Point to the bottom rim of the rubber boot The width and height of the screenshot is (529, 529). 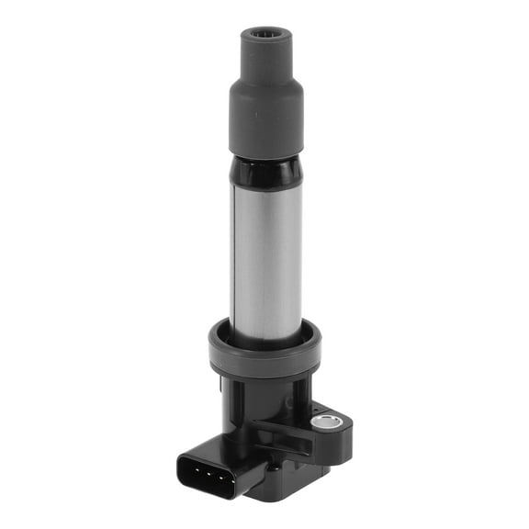tap(265, 152)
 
